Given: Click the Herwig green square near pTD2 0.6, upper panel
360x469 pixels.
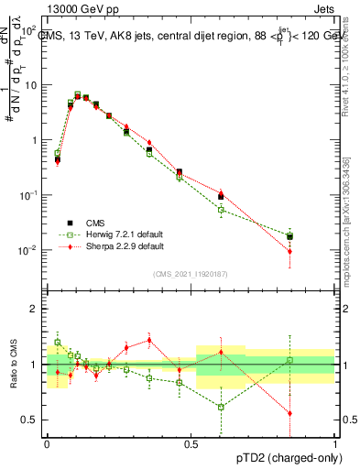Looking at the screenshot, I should pos(221,210).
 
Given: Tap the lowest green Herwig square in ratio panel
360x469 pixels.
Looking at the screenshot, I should pos(221,407).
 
